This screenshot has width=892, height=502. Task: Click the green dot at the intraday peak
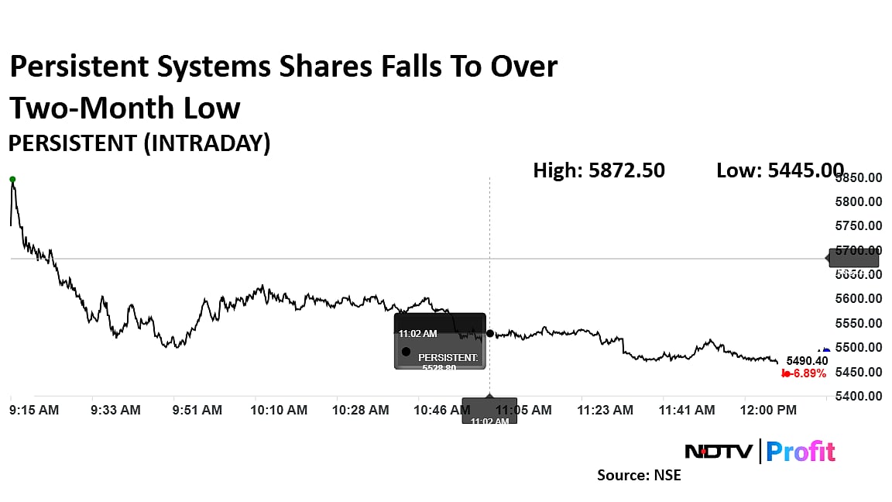(x=12, y=179)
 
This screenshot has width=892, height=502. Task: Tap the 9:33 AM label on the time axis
(x=115, y=410)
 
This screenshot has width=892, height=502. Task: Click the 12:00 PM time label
(x=769, y=410)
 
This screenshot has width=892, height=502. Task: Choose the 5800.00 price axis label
(x=857, y=202)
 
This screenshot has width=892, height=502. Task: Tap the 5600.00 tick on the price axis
(x=857, y=299)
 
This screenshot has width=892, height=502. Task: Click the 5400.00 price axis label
(x=857, y=396)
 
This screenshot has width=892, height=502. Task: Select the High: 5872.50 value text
(x=599, y=170)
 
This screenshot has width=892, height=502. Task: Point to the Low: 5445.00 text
(x=780, y=170)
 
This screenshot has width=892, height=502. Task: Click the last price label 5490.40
(x=807, y=361)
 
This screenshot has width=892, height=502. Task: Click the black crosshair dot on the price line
(x=490, y=333)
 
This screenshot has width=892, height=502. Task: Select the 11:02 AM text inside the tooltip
(x=418, y=334)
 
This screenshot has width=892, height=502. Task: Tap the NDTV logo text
(x=719, y=451)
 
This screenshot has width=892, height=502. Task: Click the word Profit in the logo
(x=801, y=451)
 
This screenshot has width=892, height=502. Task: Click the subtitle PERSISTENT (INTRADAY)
(x=139, y=143)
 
